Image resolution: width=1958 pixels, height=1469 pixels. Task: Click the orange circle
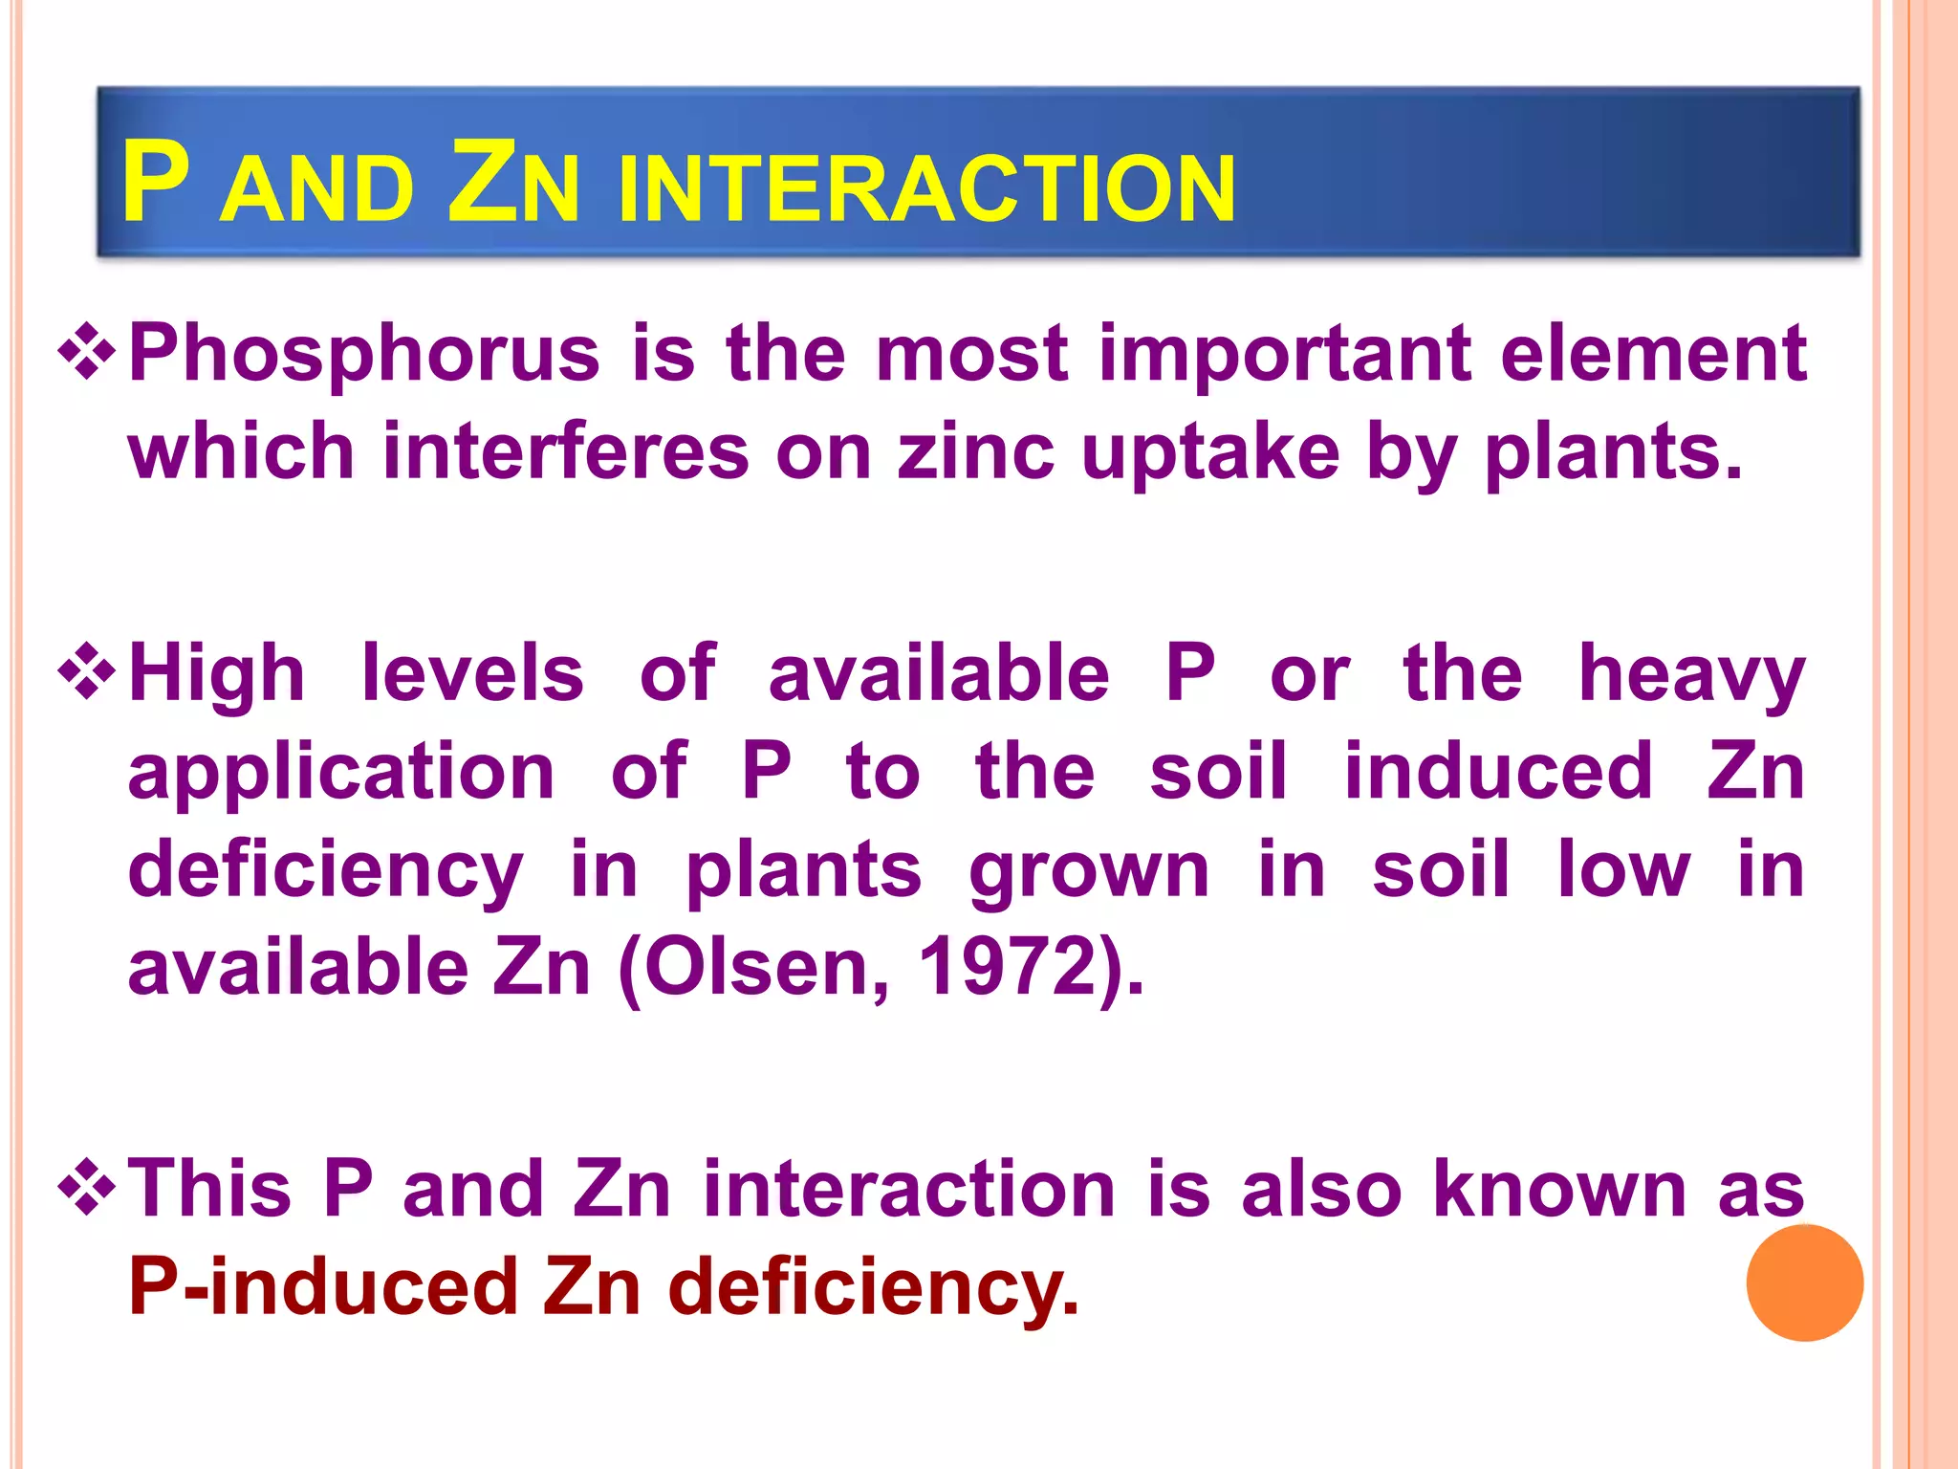point(1804,1283)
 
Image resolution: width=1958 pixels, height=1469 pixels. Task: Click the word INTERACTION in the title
point(926,188)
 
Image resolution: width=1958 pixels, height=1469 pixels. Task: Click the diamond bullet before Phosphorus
point(87,351)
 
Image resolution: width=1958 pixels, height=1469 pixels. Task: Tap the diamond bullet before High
point(87,672)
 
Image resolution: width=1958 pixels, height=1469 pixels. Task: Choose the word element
point(1653,354)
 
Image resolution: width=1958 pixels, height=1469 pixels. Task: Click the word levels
point(472,673)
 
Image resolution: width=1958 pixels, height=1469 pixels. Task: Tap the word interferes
point(566,451)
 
